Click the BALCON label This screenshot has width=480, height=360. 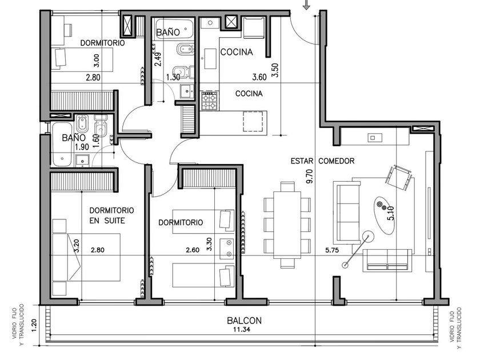tap(245, 321)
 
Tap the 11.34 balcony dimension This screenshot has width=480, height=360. tap(242, 330)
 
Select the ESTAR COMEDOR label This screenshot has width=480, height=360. tap(322, 161)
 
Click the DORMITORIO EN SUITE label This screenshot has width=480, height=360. tap(112, 215)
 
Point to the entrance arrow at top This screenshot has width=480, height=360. tap(306, 5)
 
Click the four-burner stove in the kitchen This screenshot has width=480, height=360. tap(210, 101)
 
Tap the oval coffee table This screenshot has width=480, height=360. tap(384, 215)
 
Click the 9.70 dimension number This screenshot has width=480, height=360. tap(310, 177)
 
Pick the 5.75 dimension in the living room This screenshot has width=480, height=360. tap(332, 250)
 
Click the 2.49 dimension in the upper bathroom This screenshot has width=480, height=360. tap(158, 59)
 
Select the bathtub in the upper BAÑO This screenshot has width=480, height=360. tap(174, 29)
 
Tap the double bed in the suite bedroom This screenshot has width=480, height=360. tap(86, 257)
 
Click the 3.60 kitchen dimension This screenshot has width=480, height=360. tap(259, 77)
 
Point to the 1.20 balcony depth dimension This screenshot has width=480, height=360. tap(34, 325)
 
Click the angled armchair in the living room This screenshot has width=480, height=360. tap(399, 178)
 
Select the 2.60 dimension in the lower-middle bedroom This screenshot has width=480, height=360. tap(193, 250)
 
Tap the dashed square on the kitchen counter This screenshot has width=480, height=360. tap(253, 121)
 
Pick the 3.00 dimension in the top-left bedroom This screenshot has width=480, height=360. tap(97, 61)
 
